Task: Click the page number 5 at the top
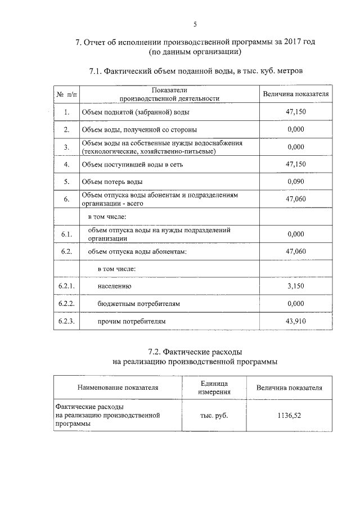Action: click(195, 24)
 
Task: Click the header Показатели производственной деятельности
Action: click(169, 94)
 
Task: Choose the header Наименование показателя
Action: click(118, 387)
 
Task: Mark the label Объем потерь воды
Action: click(112, 182)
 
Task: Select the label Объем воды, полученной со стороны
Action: click(130, 130)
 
